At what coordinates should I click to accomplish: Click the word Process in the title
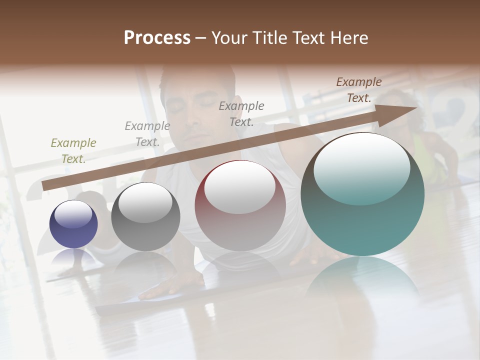click(157, 38)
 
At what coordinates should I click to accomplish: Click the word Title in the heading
click(270, 38)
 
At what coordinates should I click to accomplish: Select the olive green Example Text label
click(73, 151)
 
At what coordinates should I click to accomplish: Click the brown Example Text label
click(358, 90)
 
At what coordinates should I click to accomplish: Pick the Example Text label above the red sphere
click(241, 113)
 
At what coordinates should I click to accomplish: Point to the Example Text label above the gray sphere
click(147, 134)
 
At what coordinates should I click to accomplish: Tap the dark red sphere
click(240, 220)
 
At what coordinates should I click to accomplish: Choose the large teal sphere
click(362, 220)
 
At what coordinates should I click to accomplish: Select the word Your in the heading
click(230, 38)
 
